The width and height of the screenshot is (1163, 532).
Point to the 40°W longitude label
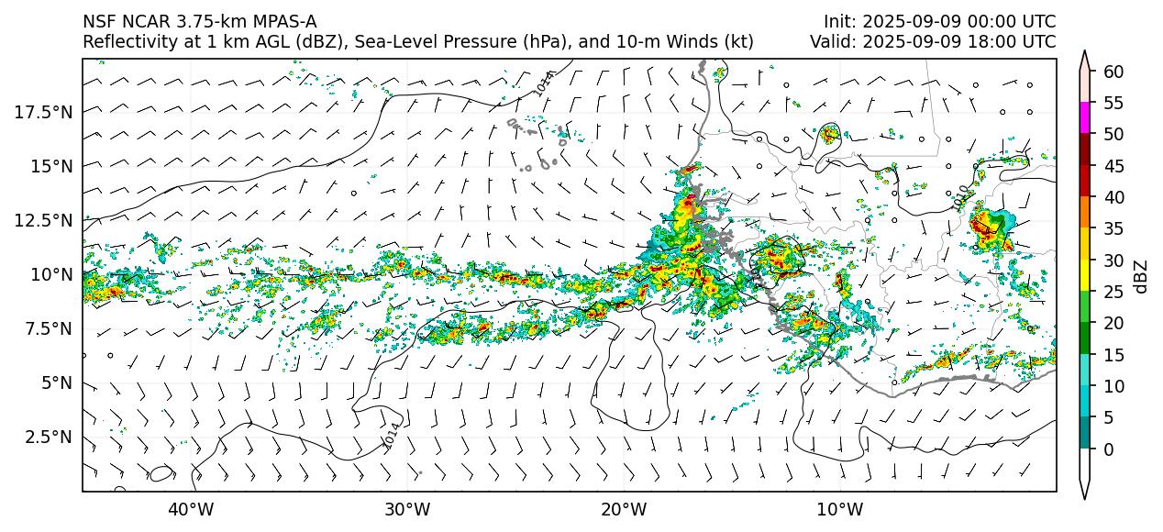click(x=191, y=509)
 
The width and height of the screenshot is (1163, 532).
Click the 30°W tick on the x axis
click(x=407, y=509)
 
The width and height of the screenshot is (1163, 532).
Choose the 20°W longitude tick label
click(x=624, y=509)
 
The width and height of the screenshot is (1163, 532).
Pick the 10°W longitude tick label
click(x=840, y=509)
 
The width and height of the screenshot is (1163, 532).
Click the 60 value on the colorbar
click(x=1113, y=72)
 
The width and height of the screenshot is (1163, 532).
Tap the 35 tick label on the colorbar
click(x=1113, y=229)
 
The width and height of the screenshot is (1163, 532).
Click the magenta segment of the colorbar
click(x=1085, y=118)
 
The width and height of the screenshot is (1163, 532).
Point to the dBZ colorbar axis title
click(x=1141, y=275)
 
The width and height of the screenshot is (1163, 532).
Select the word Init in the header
click(x=840, y=22)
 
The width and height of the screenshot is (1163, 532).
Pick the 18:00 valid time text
click(x=983, y=42)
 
